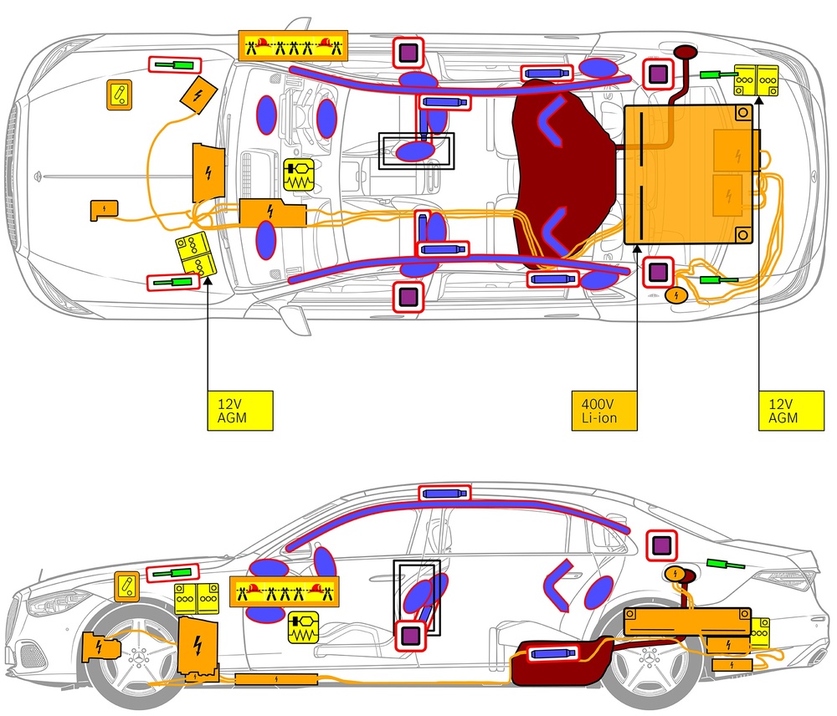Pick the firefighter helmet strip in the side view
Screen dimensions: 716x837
(x=285, y=592)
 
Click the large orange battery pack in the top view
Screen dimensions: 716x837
(x=691, y=175)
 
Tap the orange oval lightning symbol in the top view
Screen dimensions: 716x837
(x=675, y=294)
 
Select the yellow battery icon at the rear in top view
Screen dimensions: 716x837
(x=756, y=80)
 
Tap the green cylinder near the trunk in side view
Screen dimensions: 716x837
(x=725, y=565)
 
